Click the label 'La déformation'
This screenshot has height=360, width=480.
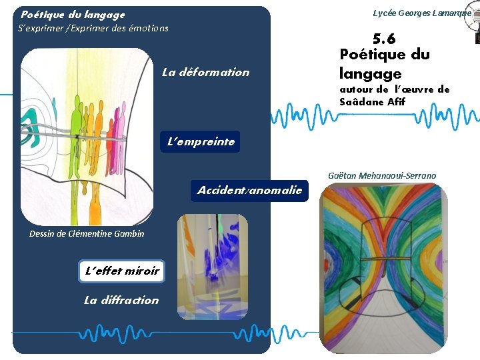coord(205,73)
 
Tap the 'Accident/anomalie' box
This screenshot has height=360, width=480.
coord(249,191)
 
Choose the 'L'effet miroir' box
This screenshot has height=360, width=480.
coord(121,271)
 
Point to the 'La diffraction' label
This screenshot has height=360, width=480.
coord(121,300)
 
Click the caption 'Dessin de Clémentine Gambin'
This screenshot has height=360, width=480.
coord(77,233)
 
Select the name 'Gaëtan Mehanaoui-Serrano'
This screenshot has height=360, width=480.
coord(382,176)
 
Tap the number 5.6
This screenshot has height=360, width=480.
coord(384,39)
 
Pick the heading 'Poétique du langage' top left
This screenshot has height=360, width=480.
coord(73,14)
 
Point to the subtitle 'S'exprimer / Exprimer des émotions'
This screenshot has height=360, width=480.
coord(95,28)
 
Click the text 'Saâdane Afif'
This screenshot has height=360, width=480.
coord(372,102)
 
